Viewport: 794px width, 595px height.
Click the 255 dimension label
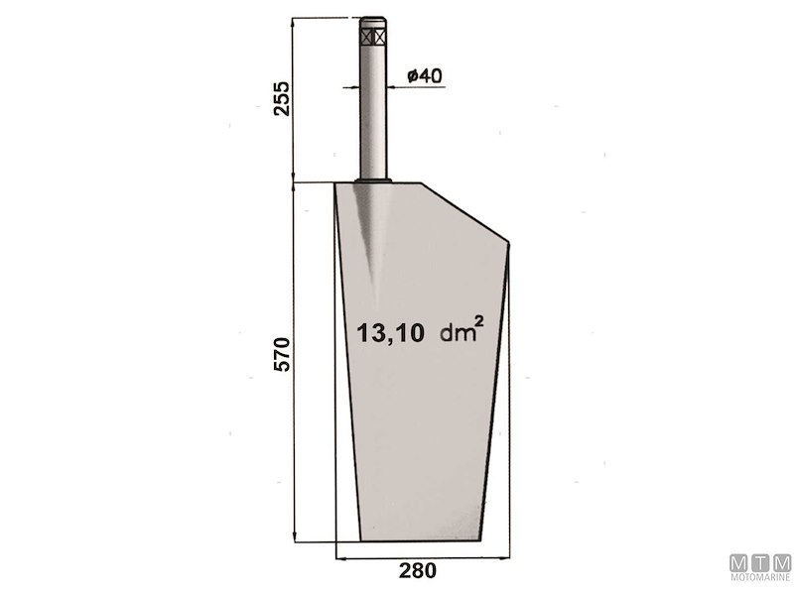point(282,98)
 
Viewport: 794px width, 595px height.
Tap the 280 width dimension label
point(417,570)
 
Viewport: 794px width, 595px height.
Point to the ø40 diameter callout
point(424,75)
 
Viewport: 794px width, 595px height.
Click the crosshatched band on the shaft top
point(374,37)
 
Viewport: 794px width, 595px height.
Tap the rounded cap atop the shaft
point(374,22)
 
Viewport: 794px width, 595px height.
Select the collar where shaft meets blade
point(374,179)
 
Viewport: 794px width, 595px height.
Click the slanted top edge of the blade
point(464,211)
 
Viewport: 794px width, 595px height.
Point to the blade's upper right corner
point(508,241)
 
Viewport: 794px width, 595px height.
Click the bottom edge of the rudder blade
point(421,539)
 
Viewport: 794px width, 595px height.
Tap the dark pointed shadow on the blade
point(375,238)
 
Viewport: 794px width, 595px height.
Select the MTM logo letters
point(760,561)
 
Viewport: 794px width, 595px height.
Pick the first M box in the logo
point(739,561)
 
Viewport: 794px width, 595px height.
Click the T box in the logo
point(760,561)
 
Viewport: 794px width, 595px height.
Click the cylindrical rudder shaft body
point(374,109)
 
